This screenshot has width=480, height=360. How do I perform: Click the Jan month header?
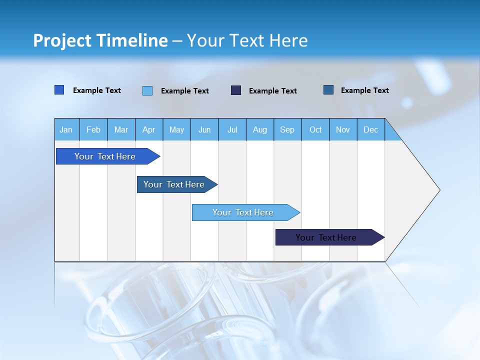pos(66,129)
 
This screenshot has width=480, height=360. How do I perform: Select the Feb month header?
pos(93,129)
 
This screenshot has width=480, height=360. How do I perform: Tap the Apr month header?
pos(149,129)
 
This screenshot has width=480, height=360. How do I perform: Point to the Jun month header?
pos(204,129)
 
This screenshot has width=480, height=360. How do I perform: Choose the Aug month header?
pos(260,129)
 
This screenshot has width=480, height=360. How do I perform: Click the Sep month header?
pos(287,129)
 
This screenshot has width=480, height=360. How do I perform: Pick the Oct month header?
pos(315,129)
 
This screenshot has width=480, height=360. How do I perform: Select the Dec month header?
pos(371,129)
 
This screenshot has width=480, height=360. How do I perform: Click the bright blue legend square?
pos(59,90)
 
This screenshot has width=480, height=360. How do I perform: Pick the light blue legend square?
pos(147,90)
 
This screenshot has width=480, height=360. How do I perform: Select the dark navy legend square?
pos(236,90)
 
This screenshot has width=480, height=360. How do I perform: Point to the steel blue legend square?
pos(328,90)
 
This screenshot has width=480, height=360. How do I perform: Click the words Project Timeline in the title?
pos(100,40)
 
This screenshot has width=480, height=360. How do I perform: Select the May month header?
pos(176,129)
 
